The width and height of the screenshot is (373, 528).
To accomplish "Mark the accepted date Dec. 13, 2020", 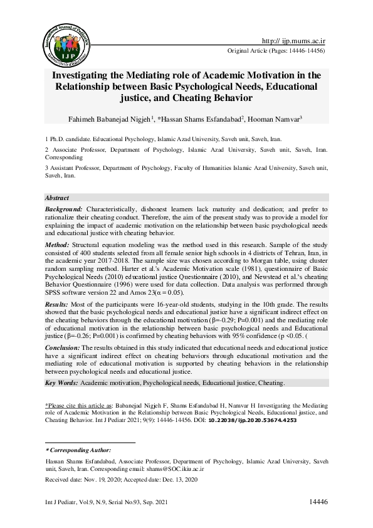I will [181, 480].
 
